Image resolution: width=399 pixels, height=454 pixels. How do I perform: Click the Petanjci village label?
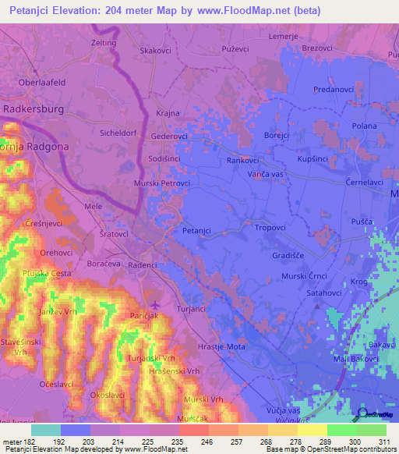pyautogui.click(x=196, y=231)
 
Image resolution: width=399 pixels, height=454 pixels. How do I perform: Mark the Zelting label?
pyautogui.click(x=104, y=44)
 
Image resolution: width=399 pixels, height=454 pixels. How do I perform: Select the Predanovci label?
pyautogui.click(x=334, y=90)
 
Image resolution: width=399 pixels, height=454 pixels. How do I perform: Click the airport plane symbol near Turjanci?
pyautogui.click(x=154, y=303)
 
